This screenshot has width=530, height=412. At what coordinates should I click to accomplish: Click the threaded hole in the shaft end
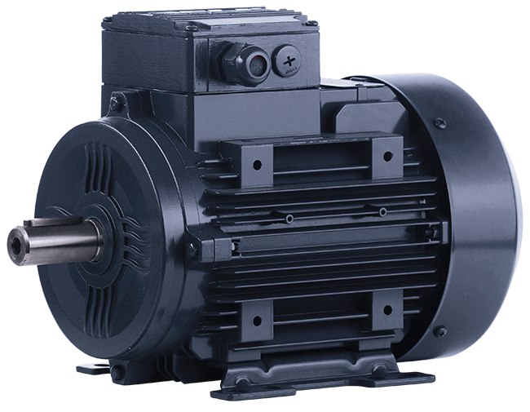pos(16,242)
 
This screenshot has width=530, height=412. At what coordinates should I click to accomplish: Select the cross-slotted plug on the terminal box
pos(287,60)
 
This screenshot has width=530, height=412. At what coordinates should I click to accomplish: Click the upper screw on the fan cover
pos(440,123)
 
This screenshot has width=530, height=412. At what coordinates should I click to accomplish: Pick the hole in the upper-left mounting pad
pos(257,164)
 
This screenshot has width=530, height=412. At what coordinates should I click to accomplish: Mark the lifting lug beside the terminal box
pos(117,104)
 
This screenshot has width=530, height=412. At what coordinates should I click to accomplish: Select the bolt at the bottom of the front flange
pos(114,371)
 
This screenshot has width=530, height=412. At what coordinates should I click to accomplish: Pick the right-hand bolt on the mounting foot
pos(378,372)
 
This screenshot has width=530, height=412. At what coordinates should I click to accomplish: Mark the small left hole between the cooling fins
pos(289,219)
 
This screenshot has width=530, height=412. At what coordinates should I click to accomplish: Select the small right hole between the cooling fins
pos(382,212)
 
